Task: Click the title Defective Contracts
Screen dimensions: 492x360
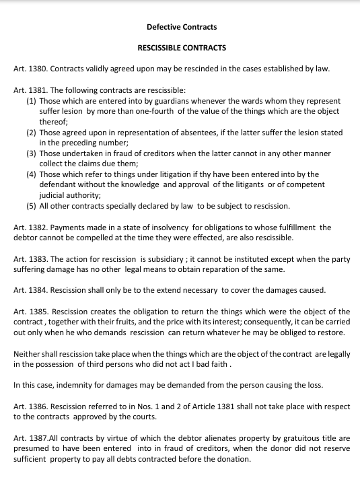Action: pos(182,27)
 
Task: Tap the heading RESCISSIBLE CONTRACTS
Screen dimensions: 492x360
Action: pos(182,48)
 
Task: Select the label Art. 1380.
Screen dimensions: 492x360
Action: pos(30,69)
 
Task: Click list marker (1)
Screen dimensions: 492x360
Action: pos(32,101)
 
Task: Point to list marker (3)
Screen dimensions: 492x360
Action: pos(32,153)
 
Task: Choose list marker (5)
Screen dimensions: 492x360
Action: pos(32,206)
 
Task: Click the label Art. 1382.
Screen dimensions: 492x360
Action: pos(30,227)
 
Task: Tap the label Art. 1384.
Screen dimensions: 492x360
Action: pos(30,291)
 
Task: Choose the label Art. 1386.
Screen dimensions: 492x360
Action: pos(30,407)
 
